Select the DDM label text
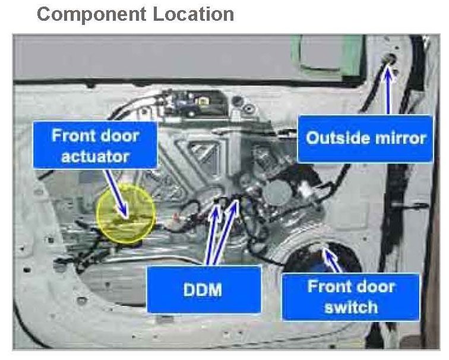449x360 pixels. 203,290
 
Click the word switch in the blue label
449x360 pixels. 351,307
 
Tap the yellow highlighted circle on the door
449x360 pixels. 126,212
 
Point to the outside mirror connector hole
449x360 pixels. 391,59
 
